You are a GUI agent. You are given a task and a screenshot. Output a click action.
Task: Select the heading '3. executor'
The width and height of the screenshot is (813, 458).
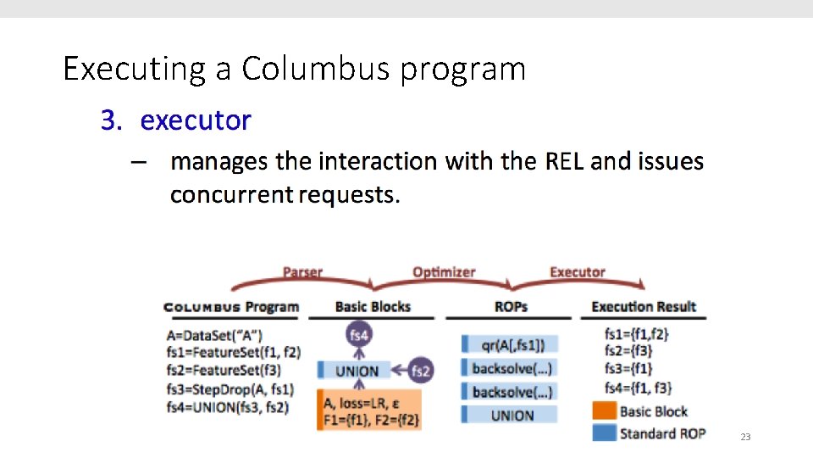click(x=176, y=120)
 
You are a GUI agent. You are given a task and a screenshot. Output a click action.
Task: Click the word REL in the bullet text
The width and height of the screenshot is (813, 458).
click(x=564, y=161)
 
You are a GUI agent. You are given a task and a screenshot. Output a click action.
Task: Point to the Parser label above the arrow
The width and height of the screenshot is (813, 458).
click(x=302, y=272)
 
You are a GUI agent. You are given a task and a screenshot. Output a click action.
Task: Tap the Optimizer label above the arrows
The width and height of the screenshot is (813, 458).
click(x=444, y=272)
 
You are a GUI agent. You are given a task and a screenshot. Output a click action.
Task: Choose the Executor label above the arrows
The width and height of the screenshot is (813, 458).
click(x=578, y=272)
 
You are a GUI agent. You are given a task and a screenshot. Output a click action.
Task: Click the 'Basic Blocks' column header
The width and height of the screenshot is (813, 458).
click(x=373, y=307)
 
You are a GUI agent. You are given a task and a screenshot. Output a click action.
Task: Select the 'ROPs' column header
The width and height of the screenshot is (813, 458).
click(x=511, y=307)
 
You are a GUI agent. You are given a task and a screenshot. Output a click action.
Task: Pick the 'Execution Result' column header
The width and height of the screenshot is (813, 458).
click(x=644, y=307)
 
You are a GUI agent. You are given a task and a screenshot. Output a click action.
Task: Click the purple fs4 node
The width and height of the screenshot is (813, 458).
click(x=359, y=336)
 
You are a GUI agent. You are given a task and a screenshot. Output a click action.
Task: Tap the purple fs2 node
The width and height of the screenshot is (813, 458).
click(x=421, y=371)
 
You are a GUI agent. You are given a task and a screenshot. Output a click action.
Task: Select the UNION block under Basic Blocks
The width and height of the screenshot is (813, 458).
click(x=357, y=371)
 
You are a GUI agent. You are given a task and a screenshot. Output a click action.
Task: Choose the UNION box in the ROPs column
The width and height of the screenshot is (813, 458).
click(x=512, y=415)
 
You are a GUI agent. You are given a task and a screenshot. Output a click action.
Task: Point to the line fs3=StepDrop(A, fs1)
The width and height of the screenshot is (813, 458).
click(x=230, y=388)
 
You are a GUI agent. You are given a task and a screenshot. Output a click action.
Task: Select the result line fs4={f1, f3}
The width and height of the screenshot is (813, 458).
click(x=638, y=388)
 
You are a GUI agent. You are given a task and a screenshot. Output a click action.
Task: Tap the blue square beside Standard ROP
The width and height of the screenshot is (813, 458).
click(x=605, y=433)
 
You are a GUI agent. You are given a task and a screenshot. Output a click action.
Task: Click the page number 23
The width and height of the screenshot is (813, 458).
click(x=745, y=437)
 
